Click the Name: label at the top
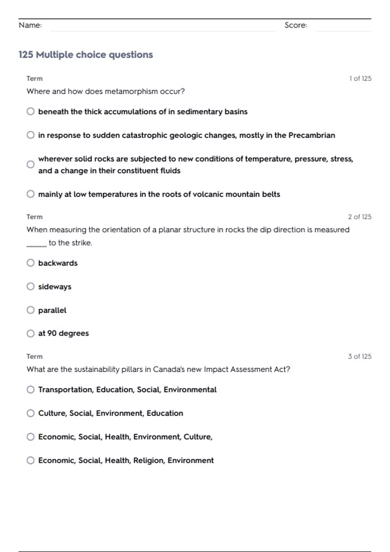tap(30, 25)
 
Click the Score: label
tap(295, 25)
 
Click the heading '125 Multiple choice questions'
tap(85, 55)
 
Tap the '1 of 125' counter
tap(360, 78)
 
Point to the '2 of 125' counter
tap(359, 217)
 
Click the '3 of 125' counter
tap(359, 356)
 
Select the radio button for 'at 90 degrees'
tap(31, 333)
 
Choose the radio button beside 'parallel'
tap(31, 310)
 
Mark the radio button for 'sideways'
tap(31, 286)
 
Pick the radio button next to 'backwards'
tap(31, 263)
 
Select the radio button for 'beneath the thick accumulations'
tap(31, 111)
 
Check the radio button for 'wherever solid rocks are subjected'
tap(31, 164)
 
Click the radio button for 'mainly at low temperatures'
tap(31, 194)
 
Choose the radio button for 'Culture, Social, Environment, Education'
tap(31, 413)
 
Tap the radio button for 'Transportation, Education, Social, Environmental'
tap(31, 389)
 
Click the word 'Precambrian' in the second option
tap(311, 135)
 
